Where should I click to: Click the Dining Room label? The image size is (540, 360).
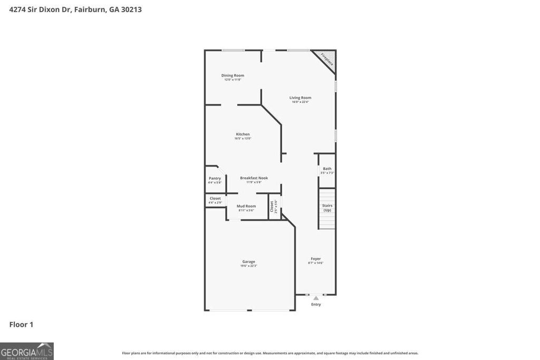point(233,75)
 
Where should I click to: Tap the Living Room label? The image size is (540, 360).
point(300,98)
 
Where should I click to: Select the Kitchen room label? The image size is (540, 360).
point(243,134)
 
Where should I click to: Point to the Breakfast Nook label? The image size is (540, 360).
point(254,178)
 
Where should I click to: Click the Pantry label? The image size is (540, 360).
point(215,178)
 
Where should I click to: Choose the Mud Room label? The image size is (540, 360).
point(246,206)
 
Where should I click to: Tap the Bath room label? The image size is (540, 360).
point(327,169)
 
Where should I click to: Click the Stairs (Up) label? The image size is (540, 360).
point(327,208)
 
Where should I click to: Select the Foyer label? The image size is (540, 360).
point(315,259)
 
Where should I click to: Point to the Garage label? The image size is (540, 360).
point(248,261)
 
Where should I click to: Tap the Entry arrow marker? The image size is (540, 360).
point(316,298)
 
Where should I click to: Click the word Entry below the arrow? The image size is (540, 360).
point(316,305)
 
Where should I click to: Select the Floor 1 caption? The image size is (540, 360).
point(21,325)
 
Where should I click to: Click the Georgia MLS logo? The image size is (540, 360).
point(27,351)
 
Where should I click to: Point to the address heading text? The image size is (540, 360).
point(75,9)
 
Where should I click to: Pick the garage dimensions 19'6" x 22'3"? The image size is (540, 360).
point(248,266)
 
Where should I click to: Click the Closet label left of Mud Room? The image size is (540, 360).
point(215,198)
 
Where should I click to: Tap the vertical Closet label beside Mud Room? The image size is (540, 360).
point(273,207)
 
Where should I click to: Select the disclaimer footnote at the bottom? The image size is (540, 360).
point(270,353)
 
